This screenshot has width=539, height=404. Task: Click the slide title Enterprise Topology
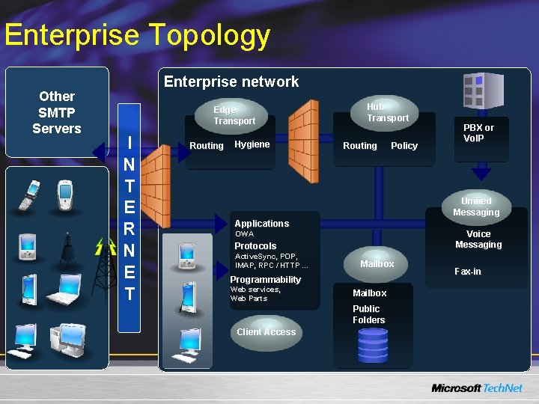click(x=137, y=35)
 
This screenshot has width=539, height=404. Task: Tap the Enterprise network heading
click(x=231, y=82)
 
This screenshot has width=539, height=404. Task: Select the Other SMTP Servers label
click(x=57, y=112)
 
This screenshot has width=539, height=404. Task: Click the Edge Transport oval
click(x=234, y=115)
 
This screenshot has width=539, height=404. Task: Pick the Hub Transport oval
click(x=386, y=112)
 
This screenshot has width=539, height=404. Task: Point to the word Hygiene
click(x=252, y=144)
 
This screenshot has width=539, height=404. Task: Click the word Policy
click(x=404, y=146)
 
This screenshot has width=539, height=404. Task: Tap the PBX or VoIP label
click(x=478, y=132)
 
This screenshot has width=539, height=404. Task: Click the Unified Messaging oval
click(x=476, y=206)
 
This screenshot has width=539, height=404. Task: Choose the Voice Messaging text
click(x=478, y=239)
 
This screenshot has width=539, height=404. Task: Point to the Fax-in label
click(x=468, y=272)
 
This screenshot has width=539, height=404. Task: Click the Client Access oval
click(x=266, y=332)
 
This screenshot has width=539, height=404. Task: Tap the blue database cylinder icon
click(x=373, y=345)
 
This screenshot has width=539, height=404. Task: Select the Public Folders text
click(x=368, y=314)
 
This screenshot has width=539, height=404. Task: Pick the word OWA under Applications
click(x=244, y=234)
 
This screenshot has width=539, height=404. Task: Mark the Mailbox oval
click(x=377, y=264)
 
